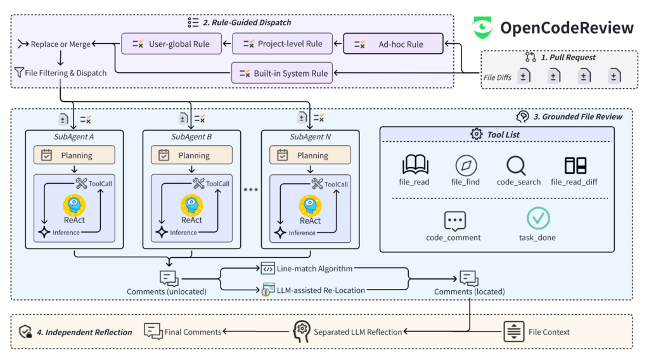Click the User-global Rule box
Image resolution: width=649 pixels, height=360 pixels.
pos(171,44)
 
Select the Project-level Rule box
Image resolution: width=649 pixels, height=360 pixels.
pos(282,44)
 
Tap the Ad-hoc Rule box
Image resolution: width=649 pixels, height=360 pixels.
pos(393,44)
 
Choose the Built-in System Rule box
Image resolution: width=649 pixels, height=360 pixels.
pos(282,73)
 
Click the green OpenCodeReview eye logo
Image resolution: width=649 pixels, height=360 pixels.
pos(482,27)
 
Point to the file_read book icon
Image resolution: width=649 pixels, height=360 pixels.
pos(415,164)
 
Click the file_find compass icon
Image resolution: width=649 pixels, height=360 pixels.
pos(466,165)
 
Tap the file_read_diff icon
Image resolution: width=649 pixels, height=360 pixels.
pos(575,165)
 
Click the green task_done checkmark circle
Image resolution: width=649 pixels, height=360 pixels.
pos(538,218)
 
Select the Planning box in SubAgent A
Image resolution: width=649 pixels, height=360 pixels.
pos(75,155)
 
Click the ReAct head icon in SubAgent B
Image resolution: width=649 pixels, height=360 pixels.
pos(191,205)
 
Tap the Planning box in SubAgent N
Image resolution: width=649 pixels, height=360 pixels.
pos(310,155)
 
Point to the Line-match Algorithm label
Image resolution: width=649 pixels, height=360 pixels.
pos(314,269)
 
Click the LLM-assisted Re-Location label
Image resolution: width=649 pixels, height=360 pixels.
pos(321,290)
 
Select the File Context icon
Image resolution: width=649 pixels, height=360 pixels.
pos(513,331)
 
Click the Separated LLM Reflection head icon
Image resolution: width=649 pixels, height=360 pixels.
pos(301,331)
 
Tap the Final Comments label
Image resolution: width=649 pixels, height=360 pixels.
pos(193,332)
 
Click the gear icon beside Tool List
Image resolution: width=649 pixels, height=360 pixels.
pos(477,134)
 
